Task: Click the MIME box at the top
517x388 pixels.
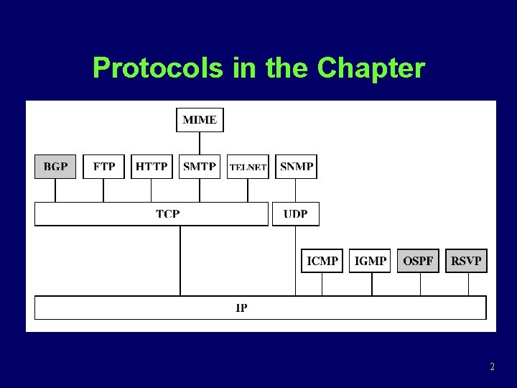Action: (200, 120)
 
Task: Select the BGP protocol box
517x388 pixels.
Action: (55, 167)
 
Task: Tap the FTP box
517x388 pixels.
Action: (104, 167)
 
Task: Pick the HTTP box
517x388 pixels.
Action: (152, 167)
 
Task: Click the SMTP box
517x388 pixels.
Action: (200, 167)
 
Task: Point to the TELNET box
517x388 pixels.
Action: (248, 167)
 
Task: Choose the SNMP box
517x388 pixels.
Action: (296, 167)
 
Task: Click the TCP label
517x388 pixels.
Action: (167, 213)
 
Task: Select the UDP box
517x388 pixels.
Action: (295, 213)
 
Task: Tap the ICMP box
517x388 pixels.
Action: (322, 261)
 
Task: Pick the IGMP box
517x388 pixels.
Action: (371, 261)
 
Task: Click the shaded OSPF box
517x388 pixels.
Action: (418, 261)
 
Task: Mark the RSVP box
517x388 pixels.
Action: (466, 261)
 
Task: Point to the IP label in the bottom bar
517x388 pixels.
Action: (242, 308)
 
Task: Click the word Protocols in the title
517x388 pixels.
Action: (159, 68)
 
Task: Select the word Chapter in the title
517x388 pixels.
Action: (371, 68)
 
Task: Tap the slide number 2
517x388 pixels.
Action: (492, 367)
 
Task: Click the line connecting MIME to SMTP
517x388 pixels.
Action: (200, 143)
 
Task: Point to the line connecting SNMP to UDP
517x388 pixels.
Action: (296, 190)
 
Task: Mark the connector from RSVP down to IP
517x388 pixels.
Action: (468, 284)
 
